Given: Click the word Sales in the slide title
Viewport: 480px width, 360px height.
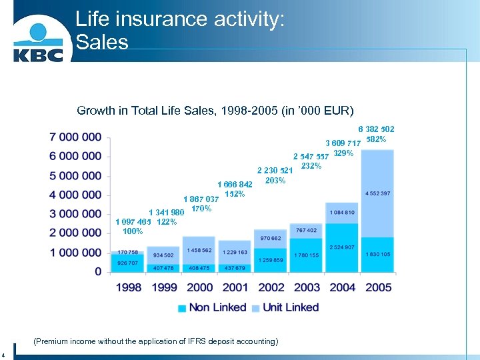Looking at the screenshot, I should [101, 42].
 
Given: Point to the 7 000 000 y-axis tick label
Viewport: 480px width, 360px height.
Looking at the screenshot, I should [75, 137].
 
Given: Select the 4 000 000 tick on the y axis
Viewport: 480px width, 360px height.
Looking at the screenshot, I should [75, 195].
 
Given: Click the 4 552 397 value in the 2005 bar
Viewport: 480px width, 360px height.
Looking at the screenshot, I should [377, 193].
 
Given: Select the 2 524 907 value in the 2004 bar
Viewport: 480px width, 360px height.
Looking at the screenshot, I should [341, 247].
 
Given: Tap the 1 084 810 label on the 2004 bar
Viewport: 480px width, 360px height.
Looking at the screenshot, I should [341, 212].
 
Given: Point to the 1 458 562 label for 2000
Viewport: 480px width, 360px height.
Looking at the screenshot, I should [198, 249].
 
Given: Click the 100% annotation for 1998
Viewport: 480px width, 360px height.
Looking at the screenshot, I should [133, 231].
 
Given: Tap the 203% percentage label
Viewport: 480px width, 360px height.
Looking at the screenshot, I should [275, 181].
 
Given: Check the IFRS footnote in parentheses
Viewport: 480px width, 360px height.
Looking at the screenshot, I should [155, 341].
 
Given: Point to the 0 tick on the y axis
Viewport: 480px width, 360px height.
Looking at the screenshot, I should [98, 272].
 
